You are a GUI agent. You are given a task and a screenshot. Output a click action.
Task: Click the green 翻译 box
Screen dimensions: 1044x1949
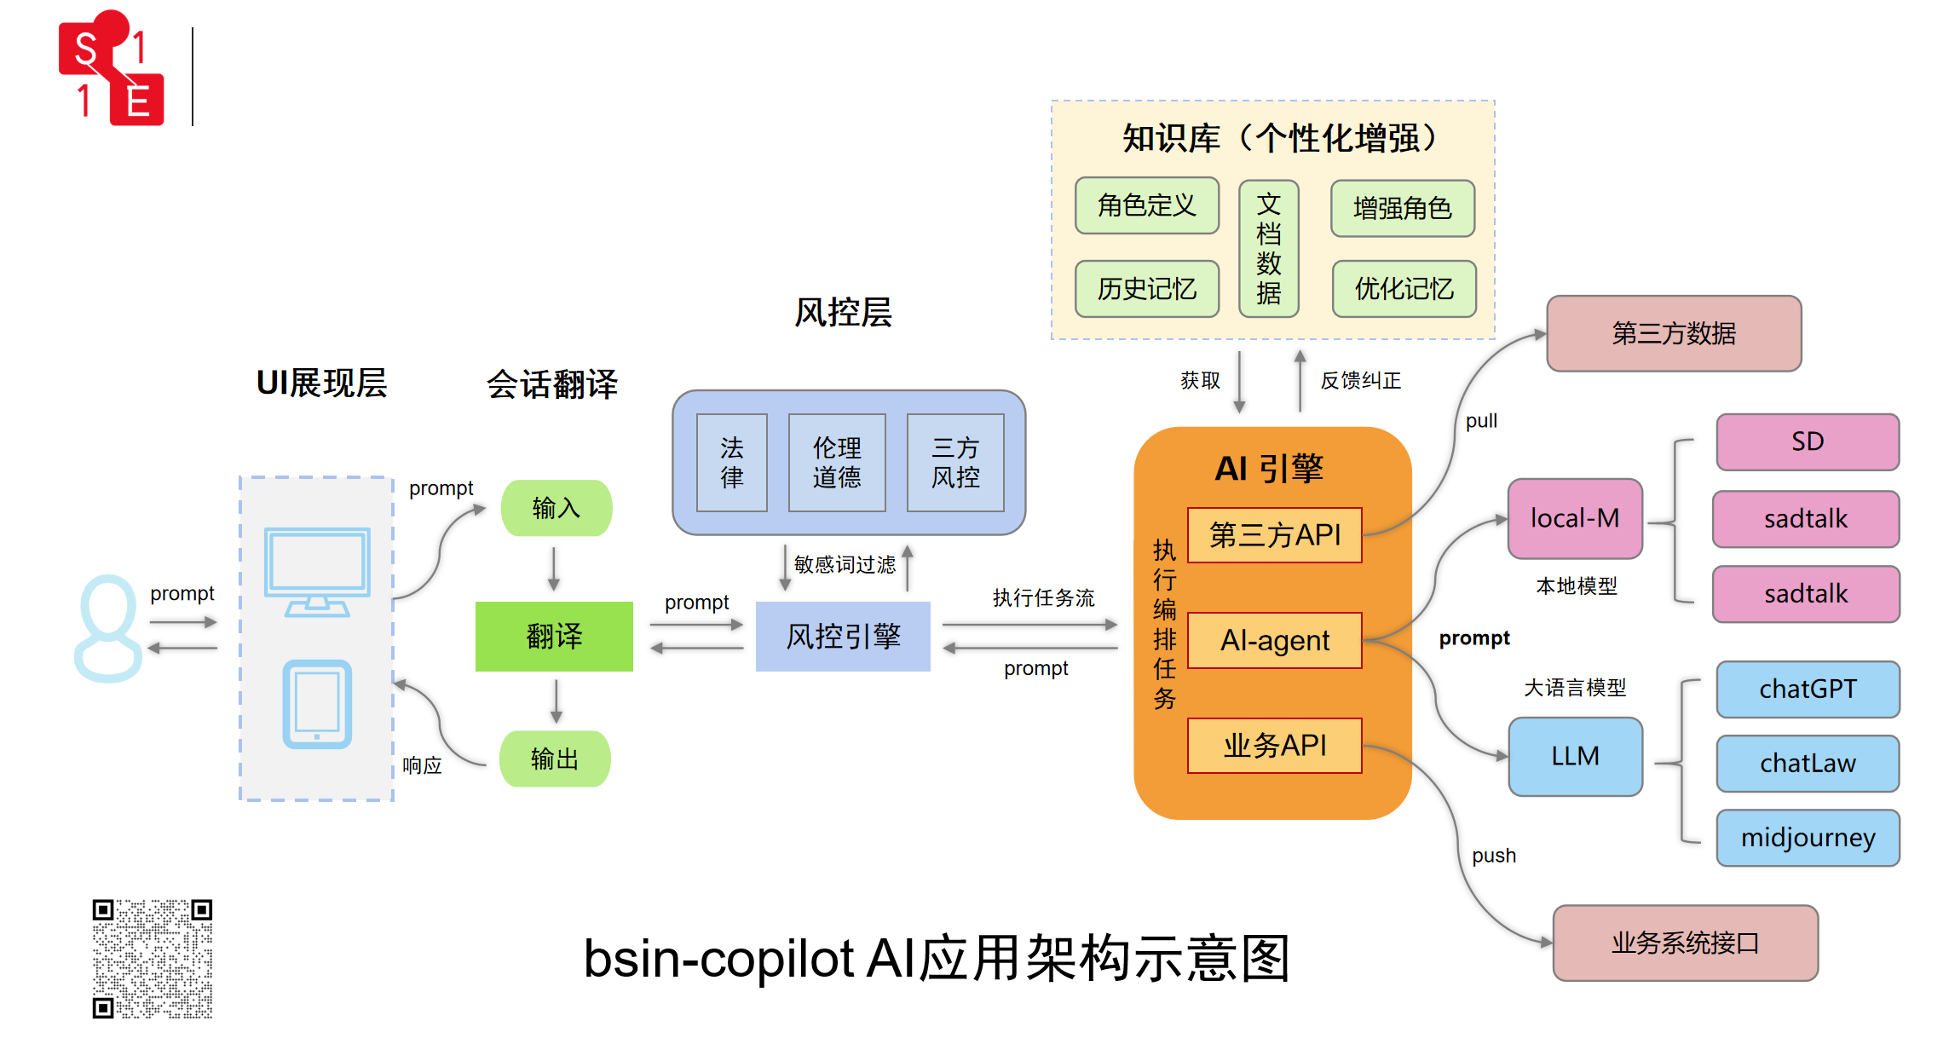pyautogui.click(x=554, y=636)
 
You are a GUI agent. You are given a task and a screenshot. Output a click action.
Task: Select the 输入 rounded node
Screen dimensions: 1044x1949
pyautogui.click(x=556, y=508)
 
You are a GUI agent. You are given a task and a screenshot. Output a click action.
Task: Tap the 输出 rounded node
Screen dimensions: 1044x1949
pyautogui.click(x=555, y=758)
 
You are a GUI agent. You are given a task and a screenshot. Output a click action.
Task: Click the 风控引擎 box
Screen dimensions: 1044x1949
pyautogui.click(x=843, y=636)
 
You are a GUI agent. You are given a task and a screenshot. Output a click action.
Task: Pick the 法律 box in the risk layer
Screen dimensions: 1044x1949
pyautogui.click(x=731, y=463)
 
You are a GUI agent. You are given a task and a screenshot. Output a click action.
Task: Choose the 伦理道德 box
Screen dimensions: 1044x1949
pyautogui.click(x=837, y=463)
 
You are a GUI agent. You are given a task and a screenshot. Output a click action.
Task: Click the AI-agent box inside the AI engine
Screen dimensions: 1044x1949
pyautogui.click(x=1274, y=640)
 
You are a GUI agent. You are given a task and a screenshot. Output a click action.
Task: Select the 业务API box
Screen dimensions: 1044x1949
pyautogui.click(x=1274, y=746)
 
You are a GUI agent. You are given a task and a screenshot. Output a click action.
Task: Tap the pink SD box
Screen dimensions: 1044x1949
pyautogui.click(x=1807, y=441)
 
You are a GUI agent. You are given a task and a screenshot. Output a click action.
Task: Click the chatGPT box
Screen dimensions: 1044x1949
pyautogui.click(x=1808, y=689)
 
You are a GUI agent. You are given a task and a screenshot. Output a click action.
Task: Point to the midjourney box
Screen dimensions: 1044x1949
pyautogui.click(x=1808, y=838)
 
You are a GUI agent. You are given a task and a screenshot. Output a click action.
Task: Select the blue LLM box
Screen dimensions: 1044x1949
pyautogui.click(x=1575, y=756)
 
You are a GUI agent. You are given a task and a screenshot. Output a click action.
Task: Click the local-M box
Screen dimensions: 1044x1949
pyautogui.click(x=1575, y=518)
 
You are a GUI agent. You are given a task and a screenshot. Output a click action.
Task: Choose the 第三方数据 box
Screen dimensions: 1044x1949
pyautogui.click(x=1674, y=333)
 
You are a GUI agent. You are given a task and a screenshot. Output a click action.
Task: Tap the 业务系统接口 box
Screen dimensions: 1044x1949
pyautogui.click(x=1685, y=943)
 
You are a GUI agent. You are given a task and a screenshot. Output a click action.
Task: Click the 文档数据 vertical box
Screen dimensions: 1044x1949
pyautogui.click(x=1268, y=248)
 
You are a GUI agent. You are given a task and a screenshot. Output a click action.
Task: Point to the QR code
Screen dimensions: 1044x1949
pyautogui.click(x=153, y=958)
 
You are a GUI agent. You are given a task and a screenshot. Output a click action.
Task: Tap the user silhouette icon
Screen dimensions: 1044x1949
pyautogui.click(x=108, y=628)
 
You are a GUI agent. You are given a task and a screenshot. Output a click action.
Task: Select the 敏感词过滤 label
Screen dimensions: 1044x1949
pyautogui.click(x=845, y=564)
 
